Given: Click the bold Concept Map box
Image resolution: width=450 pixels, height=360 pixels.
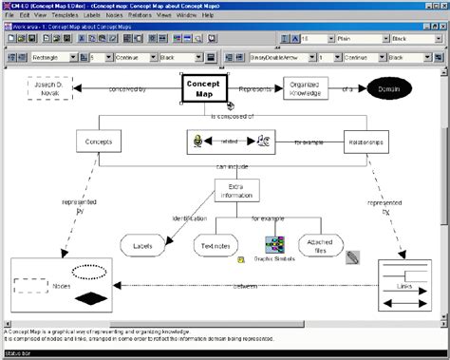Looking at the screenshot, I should pos(202,89).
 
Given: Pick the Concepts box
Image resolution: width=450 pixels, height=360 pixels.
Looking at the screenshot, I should pos(97,141).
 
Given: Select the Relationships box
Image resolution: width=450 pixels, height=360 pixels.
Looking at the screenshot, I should pos(365,141).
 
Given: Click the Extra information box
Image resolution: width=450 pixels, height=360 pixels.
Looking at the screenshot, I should pos(235,190).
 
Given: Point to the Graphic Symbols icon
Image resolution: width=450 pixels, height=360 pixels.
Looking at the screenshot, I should pos(275,245).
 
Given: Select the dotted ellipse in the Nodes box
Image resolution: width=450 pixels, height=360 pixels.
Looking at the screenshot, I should pos(90,270).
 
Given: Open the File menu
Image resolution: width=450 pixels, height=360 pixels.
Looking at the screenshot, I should pos(10,15).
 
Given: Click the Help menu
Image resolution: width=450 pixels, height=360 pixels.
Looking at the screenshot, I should pos(207,15).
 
